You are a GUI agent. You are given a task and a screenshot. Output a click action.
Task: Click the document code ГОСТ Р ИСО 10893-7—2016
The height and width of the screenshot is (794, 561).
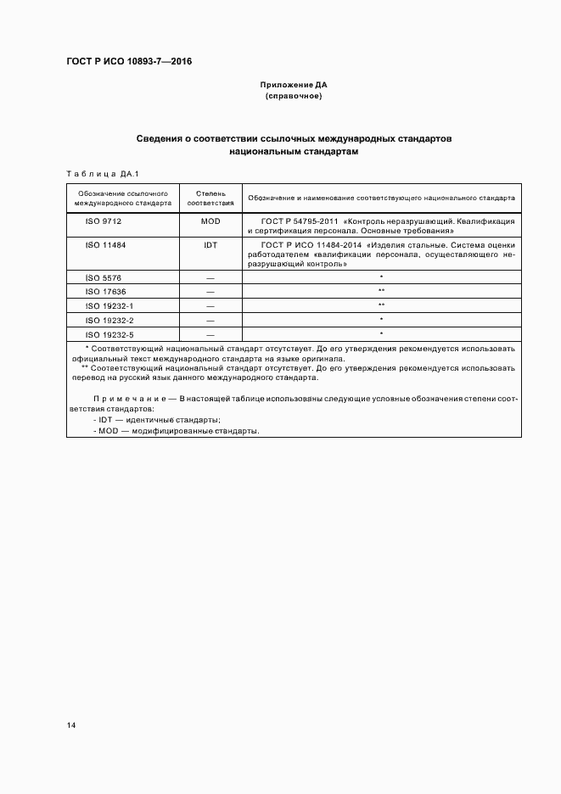point(129,62)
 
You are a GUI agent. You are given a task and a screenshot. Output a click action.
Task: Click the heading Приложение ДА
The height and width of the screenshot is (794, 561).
point(294,85)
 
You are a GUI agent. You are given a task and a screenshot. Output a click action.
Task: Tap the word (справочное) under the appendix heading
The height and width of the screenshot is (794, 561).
point(294,96)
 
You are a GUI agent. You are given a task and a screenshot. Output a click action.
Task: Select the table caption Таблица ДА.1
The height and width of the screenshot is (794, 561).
point(96,173)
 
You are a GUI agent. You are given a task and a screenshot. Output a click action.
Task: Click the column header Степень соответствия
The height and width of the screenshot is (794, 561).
point(210,198)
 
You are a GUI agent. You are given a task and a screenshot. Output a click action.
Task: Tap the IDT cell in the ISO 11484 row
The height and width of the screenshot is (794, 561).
point(210,243)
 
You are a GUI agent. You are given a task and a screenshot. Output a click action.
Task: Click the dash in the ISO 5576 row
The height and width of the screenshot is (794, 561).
point(210,277)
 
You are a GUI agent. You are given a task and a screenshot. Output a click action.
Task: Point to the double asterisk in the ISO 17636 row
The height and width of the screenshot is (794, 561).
point(381,290)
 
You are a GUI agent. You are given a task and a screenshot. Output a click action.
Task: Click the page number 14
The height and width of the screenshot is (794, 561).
point(71,725)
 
